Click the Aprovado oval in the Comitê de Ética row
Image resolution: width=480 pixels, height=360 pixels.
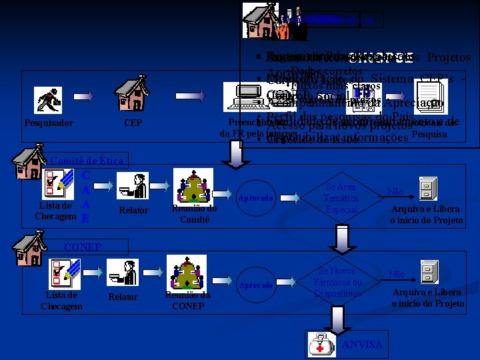(255, 198)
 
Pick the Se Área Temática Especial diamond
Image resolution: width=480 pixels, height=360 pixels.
(341, 198)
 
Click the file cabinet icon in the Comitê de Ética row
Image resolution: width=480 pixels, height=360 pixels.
(427, 190)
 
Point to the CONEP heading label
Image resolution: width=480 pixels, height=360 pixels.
(82, 247)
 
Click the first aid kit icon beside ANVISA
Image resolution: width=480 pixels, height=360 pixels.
(322, 345)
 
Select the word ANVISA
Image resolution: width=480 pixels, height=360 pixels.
(362, 345)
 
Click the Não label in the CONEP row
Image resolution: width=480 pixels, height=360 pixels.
(396, 274)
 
